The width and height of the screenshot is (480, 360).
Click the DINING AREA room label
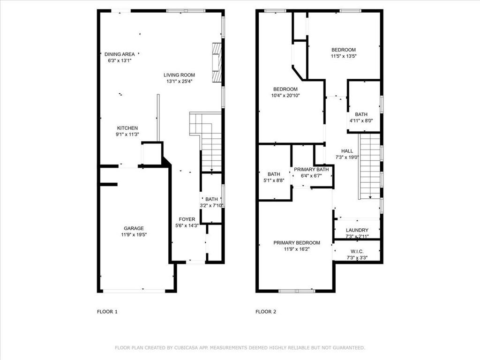120,54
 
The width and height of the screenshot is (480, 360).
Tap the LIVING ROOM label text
179,75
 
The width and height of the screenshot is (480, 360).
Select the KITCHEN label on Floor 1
127,128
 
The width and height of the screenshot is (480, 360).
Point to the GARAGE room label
134,228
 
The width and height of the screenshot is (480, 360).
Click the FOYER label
187,219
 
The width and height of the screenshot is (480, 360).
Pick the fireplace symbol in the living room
217,63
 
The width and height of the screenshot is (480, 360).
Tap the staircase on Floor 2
369,165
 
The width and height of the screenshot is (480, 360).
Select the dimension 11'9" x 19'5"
134,235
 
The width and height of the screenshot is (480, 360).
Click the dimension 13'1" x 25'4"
179,82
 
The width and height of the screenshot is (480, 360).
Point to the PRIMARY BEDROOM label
297,243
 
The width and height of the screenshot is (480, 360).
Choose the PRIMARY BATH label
311,170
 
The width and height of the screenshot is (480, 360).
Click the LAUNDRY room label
357,230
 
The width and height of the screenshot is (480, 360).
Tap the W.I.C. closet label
357,251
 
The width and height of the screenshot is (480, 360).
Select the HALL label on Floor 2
347,151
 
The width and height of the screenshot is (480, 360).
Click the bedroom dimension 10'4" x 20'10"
285,96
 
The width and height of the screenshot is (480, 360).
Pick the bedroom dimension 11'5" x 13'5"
344,56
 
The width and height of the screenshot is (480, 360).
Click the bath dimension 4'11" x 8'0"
361,121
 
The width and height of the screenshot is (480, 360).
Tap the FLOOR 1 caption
107,311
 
